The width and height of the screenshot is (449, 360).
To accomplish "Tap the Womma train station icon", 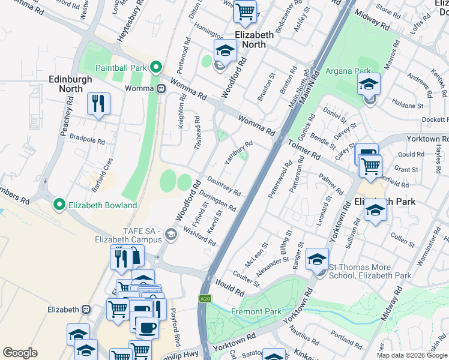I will (161, 89).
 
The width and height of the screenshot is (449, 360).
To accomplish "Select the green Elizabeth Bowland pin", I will (59, 205).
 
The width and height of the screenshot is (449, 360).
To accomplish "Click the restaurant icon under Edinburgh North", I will (98, 103).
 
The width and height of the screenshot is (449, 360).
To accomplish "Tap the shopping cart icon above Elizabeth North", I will (245, 10).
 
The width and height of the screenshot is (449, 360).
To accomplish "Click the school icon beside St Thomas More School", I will (317, 259).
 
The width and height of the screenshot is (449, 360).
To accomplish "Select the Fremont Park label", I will (256, 311).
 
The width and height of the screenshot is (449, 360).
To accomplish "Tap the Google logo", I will (20, 353).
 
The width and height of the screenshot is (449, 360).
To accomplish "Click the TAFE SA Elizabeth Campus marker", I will (172, 235).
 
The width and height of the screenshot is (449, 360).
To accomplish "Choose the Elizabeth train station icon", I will (86, 310).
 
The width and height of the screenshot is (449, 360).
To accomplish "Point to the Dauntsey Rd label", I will (224, 186).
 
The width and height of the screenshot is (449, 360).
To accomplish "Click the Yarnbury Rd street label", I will (238, 153).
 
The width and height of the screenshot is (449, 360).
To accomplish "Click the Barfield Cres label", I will (100, 170).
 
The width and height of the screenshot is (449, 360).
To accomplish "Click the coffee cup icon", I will (147, 328).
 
